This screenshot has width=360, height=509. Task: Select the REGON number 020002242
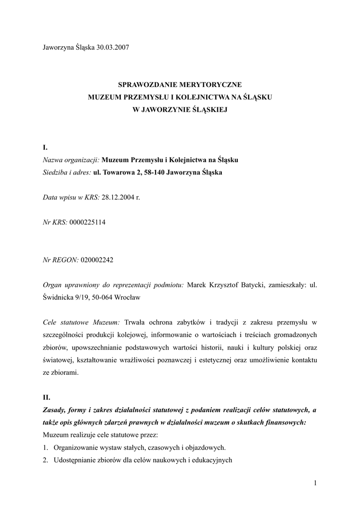(96, 259)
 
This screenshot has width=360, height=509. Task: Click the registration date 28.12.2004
(118, 197)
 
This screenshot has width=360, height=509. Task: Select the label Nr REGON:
(61, 259)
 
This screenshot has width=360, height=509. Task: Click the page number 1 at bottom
(315, 483)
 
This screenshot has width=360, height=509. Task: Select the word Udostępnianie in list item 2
(76, 460)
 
